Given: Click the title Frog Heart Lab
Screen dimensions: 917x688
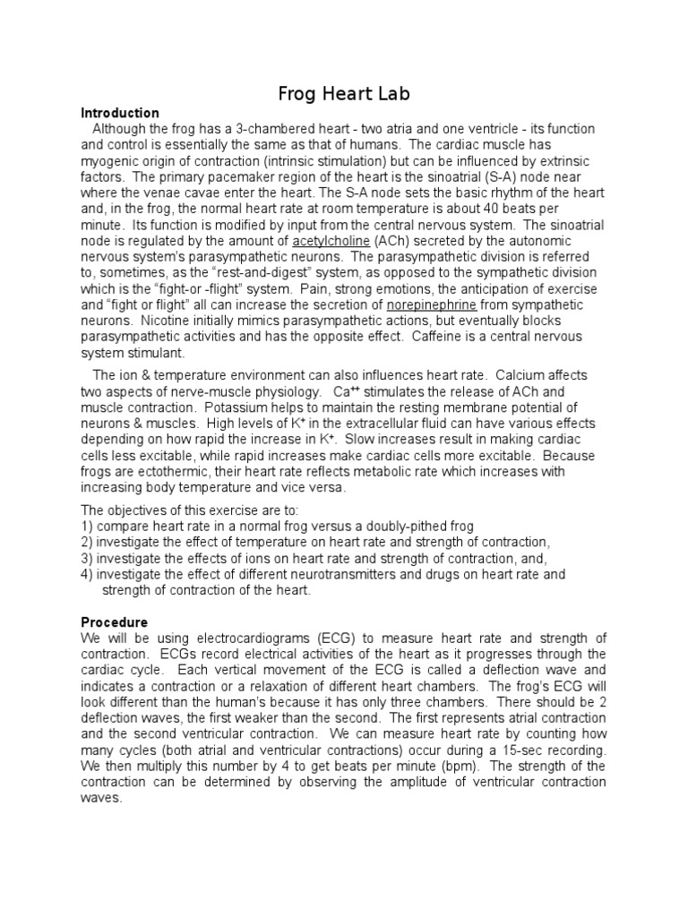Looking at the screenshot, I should [344, 93].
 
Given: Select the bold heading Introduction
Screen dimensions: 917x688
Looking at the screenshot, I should [120, 114].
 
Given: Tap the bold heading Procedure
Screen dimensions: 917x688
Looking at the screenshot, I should [115, 622].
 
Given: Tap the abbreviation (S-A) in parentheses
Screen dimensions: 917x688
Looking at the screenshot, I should [503, 177].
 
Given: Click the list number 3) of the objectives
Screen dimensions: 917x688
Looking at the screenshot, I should [87, 559].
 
